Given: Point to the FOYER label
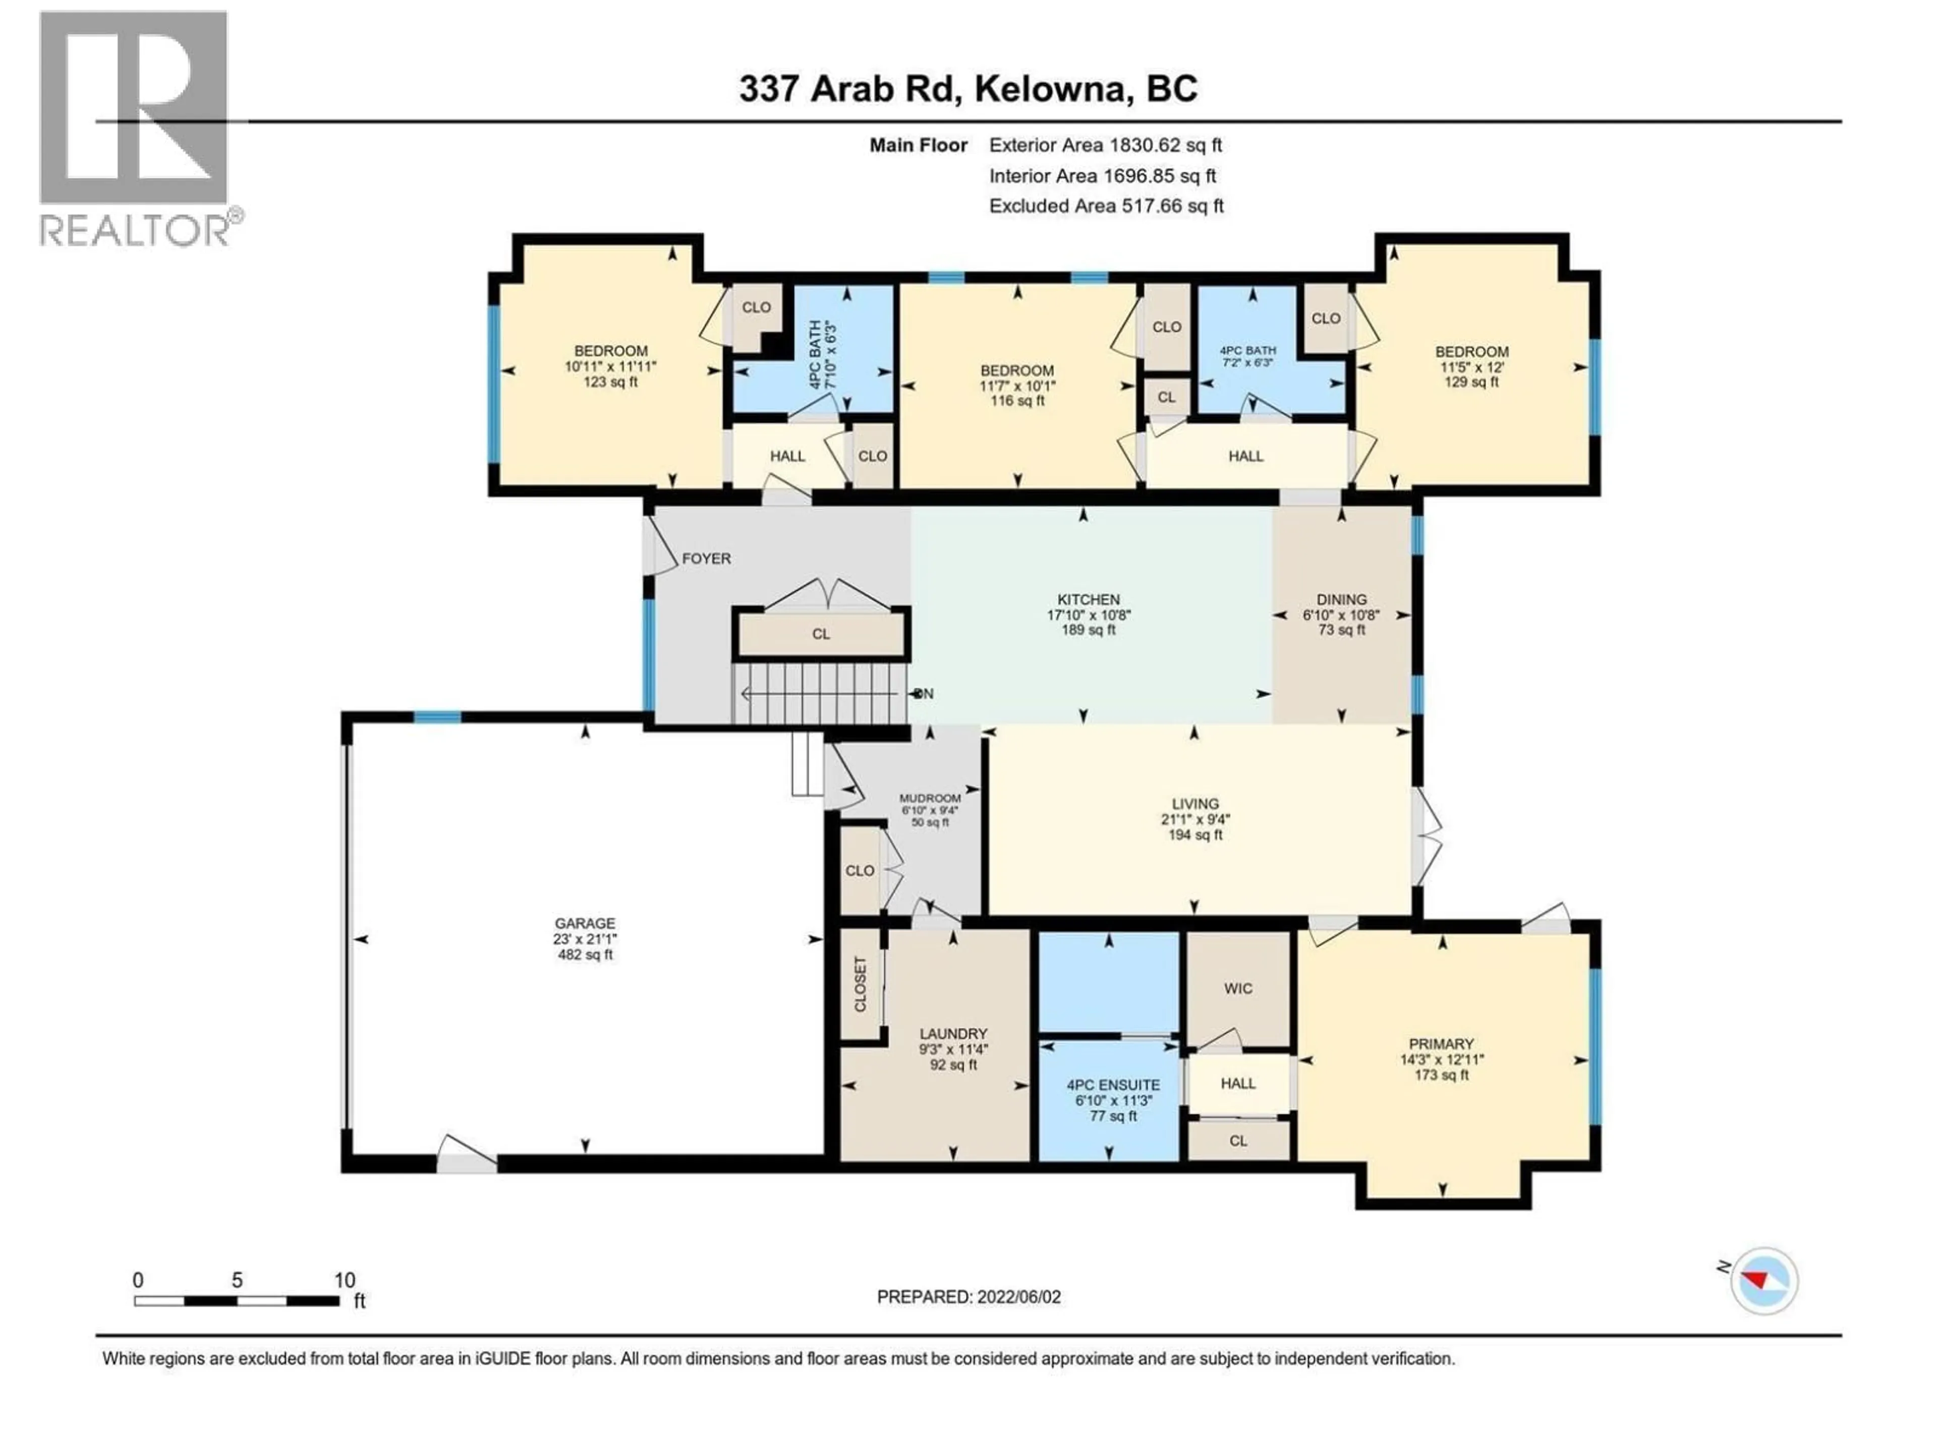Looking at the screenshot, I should click(x=706, y=558).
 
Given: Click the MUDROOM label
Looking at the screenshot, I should click(x=930, y=798).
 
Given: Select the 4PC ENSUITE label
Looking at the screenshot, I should click(x=1112, y=1084).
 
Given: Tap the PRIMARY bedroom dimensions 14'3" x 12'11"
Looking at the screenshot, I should click(x=1441, y=1059).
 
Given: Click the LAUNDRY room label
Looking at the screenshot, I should click(x=953, y=1033).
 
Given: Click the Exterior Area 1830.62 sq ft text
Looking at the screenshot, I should click(x=1105, y=145).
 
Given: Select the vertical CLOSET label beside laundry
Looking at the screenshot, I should click(x=860, y=984).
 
